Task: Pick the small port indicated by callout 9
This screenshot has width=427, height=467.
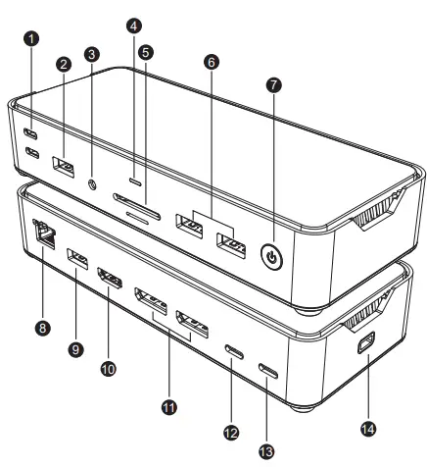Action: point(76,260)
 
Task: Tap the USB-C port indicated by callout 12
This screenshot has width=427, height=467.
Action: point(234,351)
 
